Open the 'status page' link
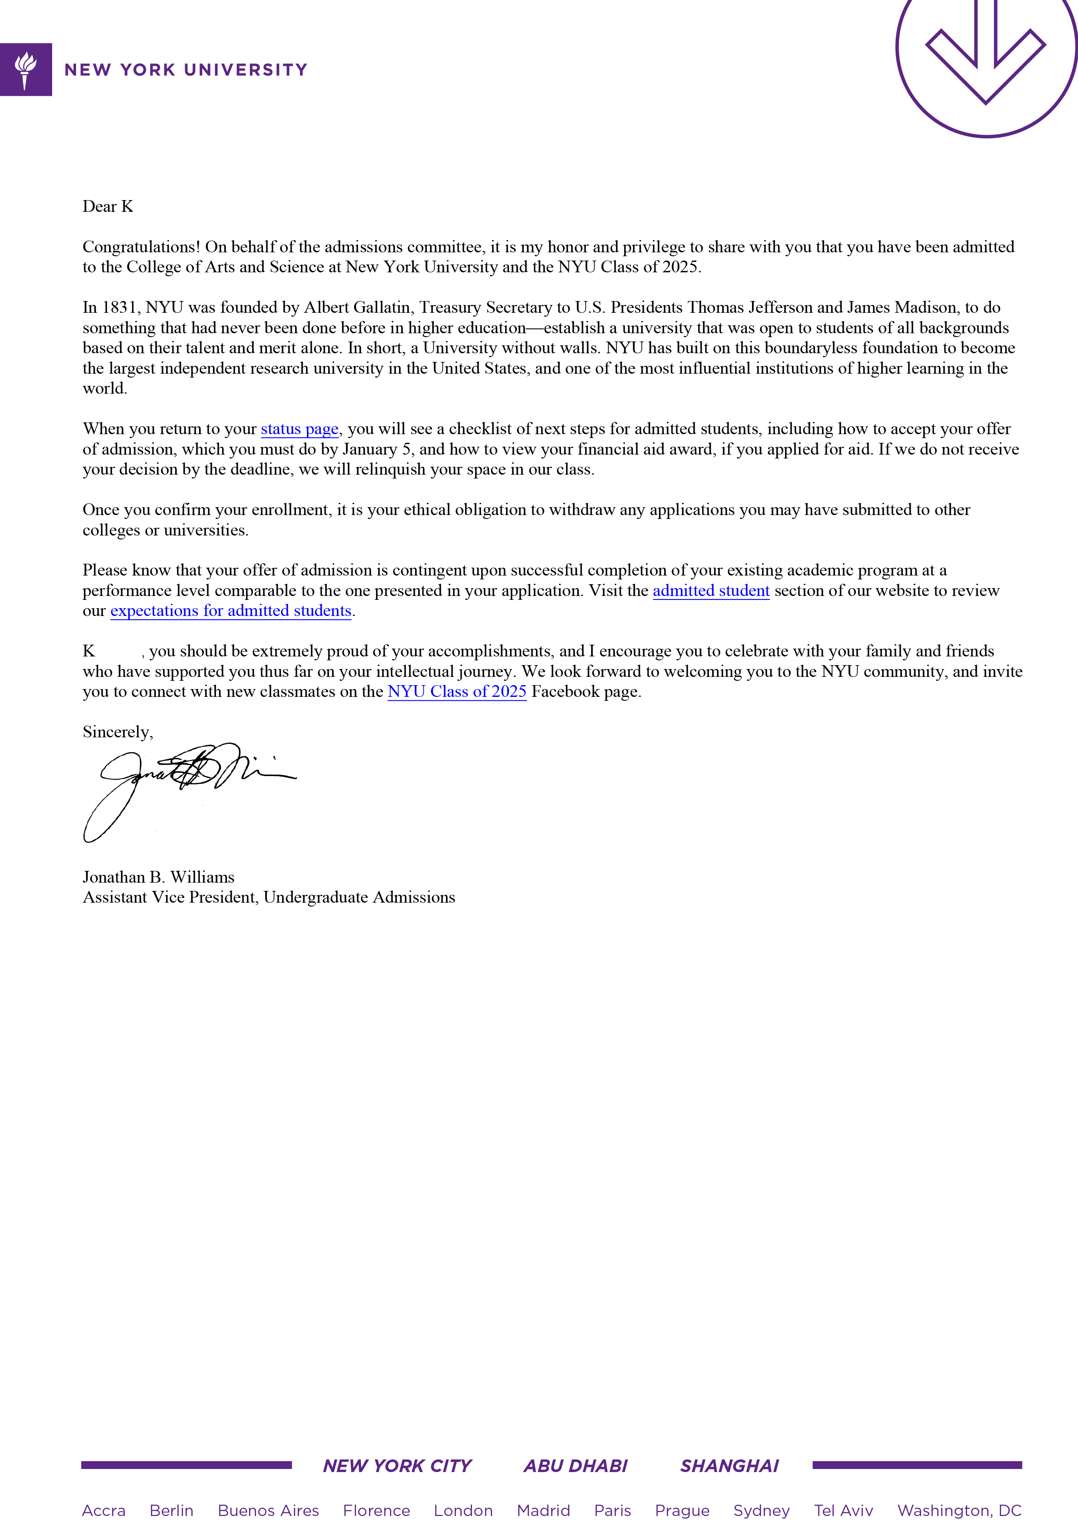click(x=299, y=429)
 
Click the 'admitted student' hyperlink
click(x=711, y=591)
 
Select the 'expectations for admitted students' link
click(x=230, y=611)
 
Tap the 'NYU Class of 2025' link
click(x=457, y=692)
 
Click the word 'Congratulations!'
click(x=141, y=247)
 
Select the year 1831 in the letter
click(x=119, y=308)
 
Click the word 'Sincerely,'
click(x=117, y=733)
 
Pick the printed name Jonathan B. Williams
click(x=158, y=877)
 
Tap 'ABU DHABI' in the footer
click(x=575, y=1466)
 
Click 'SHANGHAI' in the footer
click(x=729, y=1466)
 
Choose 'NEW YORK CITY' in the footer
click(x=397, y=1466)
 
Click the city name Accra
click(x=103, y=1511)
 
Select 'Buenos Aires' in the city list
click(x=268, y=1511)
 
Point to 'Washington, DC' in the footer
click(x=959, y=1511)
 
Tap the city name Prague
click(x=682, y=1511)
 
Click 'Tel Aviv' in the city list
click(x=844, y=1511)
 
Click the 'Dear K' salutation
click(x=108, y=207)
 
